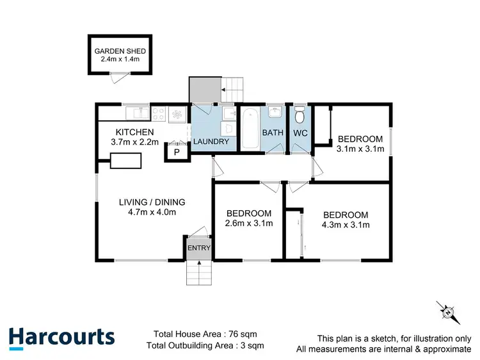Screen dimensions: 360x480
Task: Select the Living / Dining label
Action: tap(147, 202)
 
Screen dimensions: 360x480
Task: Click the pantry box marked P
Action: tap(176, 152)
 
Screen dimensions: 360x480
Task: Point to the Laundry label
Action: tap(211, 142)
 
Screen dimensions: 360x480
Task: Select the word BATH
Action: tap(272, 133)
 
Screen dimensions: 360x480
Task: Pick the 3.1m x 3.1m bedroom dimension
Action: tap(360, 150)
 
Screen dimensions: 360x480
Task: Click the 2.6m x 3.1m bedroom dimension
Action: tap(250, 224)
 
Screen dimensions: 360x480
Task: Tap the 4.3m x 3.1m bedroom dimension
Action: tap(346, 225)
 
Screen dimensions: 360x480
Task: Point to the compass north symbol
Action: tap(449, 313)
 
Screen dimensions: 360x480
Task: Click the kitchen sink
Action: tap(136, 113)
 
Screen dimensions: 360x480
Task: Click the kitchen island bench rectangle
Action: tap(126, 161)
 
